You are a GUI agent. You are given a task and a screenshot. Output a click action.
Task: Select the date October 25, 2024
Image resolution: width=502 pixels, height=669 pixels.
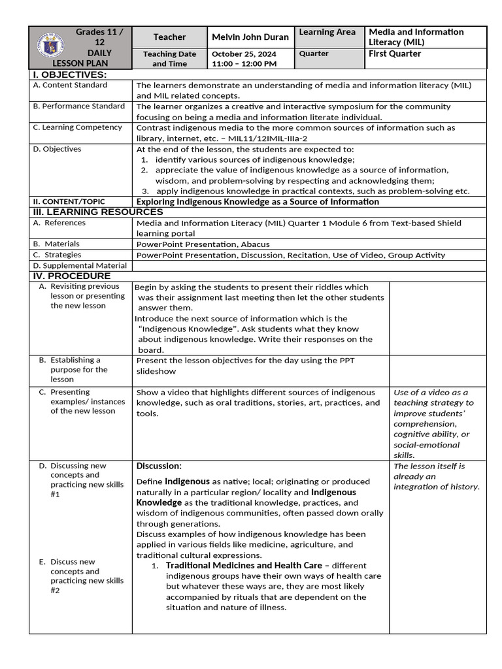pos(239,54)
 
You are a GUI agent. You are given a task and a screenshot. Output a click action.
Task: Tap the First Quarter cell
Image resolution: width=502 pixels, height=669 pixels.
pos(395,54)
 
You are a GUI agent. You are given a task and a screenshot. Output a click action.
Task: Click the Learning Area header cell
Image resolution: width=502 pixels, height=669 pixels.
pos(327,32)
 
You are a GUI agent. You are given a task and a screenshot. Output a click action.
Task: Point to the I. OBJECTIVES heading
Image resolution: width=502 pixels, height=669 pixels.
pos(69,75)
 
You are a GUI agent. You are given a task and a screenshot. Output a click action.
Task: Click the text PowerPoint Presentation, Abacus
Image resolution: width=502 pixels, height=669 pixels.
pos(203,244)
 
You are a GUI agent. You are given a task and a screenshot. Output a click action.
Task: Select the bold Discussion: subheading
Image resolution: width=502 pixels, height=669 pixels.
pos(159,466)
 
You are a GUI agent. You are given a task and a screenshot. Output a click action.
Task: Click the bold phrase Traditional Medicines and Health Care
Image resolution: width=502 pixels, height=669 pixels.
pos(244,565)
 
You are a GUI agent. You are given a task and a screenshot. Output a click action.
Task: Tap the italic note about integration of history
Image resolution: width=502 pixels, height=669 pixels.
pos(437,476)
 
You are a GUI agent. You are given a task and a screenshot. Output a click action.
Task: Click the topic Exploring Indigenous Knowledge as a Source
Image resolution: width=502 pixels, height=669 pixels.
pos(258,202)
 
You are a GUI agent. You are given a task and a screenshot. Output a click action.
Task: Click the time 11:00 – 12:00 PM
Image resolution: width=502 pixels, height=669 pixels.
pos(243,64)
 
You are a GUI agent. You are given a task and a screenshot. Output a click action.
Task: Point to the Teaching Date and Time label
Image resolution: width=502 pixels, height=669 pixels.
pos(169,59)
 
